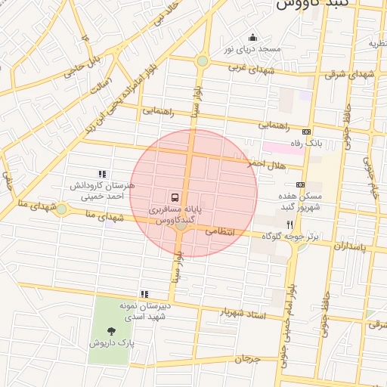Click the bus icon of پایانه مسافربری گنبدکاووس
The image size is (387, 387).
(x=175, y=196)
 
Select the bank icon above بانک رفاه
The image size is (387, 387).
(x=306, y=132)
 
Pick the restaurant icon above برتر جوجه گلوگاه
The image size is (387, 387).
(x=289, y=224)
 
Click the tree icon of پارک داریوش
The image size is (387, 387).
(x=112, y=330)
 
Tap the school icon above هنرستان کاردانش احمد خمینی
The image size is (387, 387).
(x=103, y=174)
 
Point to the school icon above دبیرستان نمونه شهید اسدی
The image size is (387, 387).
(x=144, y=294)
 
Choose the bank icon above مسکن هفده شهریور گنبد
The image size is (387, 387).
(x=301, y=184)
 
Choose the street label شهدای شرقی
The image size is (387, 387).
(x=349, y=74)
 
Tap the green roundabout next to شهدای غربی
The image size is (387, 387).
(x=202, y=61)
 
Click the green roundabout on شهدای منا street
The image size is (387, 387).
(x=61, y=209)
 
